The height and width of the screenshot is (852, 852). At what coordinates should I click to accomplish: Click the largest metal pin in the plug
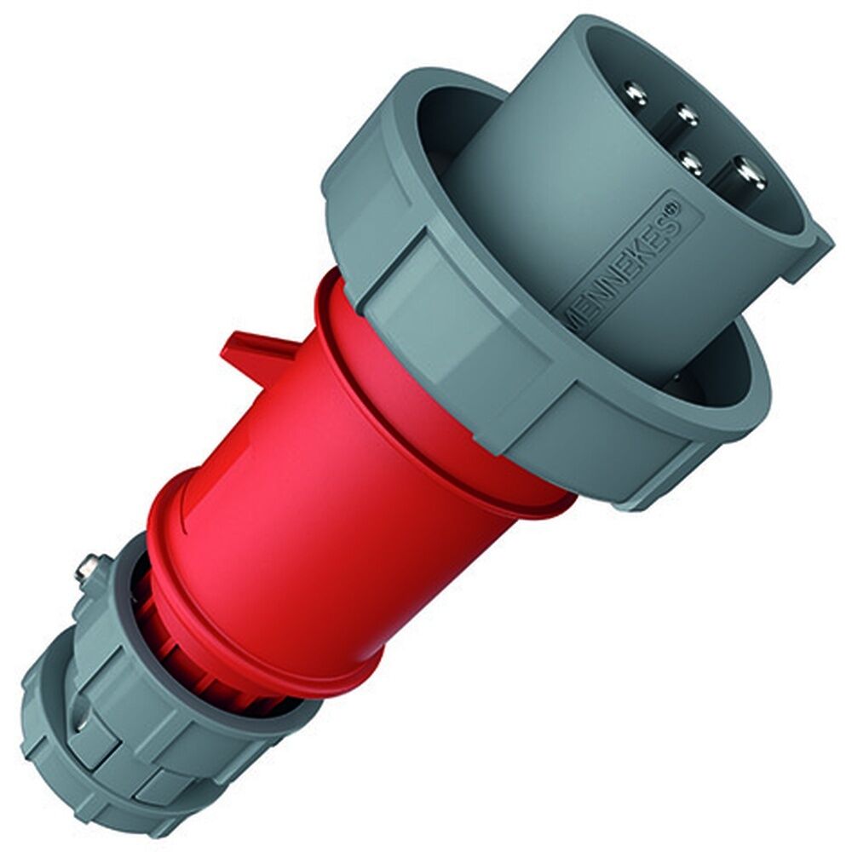747,175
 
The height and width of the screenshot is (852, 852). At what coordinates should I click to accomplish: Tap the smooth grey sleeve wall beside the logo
545,196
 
